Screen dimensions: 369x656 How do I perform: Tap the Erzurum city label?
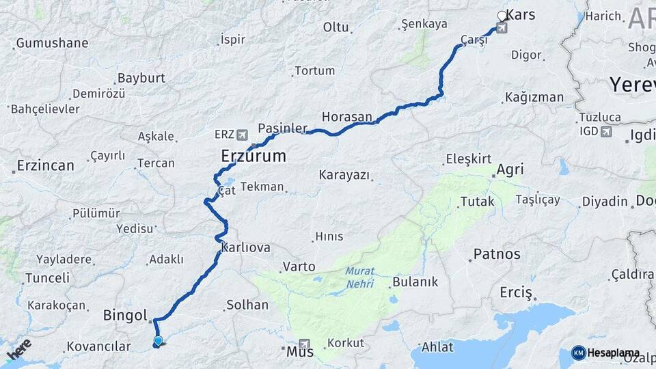point(253,156)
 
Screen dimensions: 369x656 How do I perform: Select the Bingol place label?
point(125,316)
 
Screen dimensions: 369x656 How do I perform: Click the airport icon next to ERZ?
point(243,135)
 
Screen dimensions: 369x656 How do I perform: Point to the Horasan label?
point(346,117)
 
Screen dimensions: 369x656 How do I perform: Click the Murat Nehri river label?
point(359,276)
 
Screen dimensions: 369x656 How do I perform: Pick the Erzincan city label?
point(45,165)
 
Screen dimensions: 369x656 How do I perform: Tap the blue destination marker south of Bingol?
point(159,341)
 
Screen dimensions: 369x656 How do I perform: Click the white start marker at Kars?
point(502,16)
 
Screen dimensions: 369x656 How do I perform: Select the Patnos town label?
point(497,254)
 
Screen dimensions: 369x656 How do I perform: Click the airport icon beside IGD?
point(605,131)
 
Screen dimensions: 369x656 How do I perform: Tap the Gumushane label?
point(52,43)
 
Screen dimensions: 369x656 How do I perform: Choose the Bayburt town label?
point(141,78)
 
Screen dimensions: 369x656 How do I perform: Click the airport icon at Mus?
point(304,344)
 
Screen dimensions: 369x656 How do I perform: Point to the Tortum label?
point(315,70)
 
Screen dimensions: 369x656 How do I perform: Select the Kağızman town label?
point(534,97)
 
